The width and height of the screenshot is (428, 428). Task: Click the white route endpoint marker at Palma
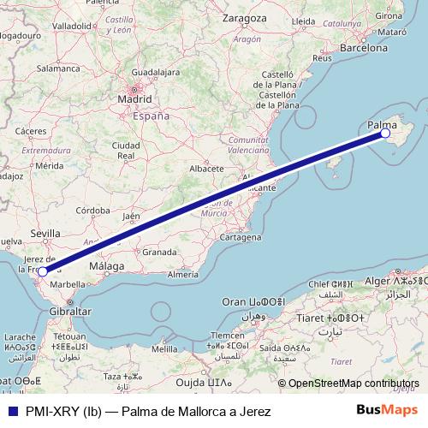point(385,134)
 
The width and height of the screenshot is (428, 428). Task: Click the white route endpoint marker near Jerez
point(43,272)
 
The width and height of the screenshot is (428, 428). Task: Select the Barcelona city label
point(364,49)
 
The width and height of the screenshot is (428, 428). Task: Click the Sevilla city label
point(45,233)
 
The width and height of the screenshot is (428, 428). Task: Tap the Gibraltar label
point(70,312)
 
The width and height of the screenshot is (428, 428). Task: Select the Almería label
point(183,274)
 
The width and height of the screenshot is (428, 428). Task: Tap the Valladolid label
point(72,27)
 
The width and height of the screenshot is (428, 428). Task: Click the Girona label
point(390,15)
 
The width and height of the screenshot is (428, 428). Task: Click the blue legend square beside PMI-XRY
point(11,412)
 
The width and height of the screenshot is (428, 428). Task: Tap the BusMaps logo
point(394,411)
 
